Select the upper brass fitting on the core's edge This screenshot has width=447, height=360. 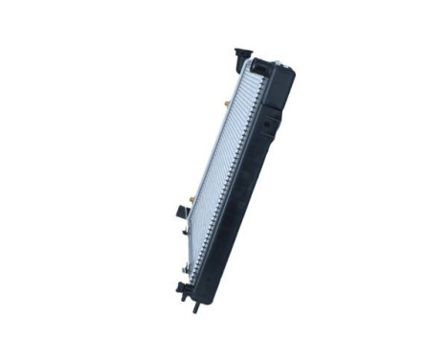tap(226, 101)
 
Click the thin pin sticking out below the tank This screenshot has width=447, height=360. tap(197, 300)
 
